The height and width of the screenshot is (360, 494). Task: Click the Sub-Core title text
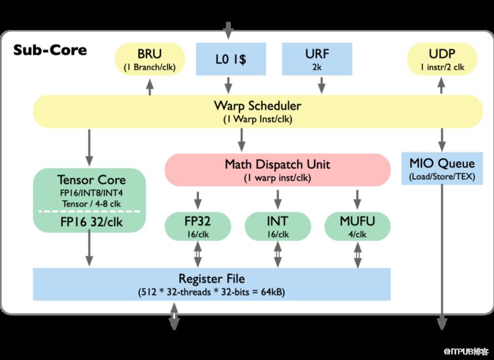pyautogui.click(x=50, y=50)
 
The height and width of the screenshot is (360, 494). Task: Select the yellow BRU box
pyautogui.click(x=149, y=59)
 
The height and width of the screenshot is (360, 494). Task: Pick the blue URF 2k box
pyautogui.click(x=317, y=59)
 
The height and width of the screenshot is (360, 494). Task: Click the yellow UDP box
pyautogui.click(x=442, y=59)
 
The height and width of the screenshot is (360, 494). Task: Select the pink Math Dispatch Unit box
pyautogui.click(x=277, y=169)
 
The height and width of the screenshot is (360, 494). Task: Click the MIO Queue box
pyautogui.click(x=442, y=169)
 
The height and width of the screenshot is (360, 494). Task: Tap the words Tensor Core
pyautogui.click(x=91, y=180)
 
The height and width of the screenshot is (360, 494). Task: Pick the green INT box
pyautogui.click(x=276, y=226)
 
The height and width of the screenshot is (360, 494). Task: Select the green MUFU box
pyautogui.click(x=357, y=226)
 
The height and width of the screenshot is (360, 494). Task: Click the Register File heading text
pyautogui.click(x=211, y=278)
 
